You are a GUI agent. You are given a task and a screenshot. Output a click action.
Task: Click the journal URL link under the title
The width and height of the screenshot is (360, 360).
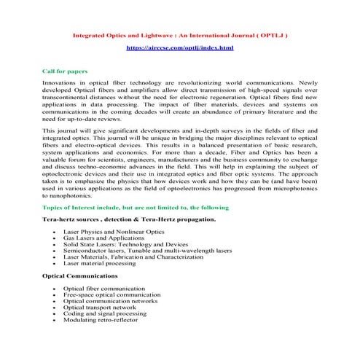click(180, 47)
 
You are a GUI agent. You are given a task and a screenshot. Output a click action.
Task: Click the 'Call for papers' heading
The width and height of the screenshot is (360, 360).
click(66, 71)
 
